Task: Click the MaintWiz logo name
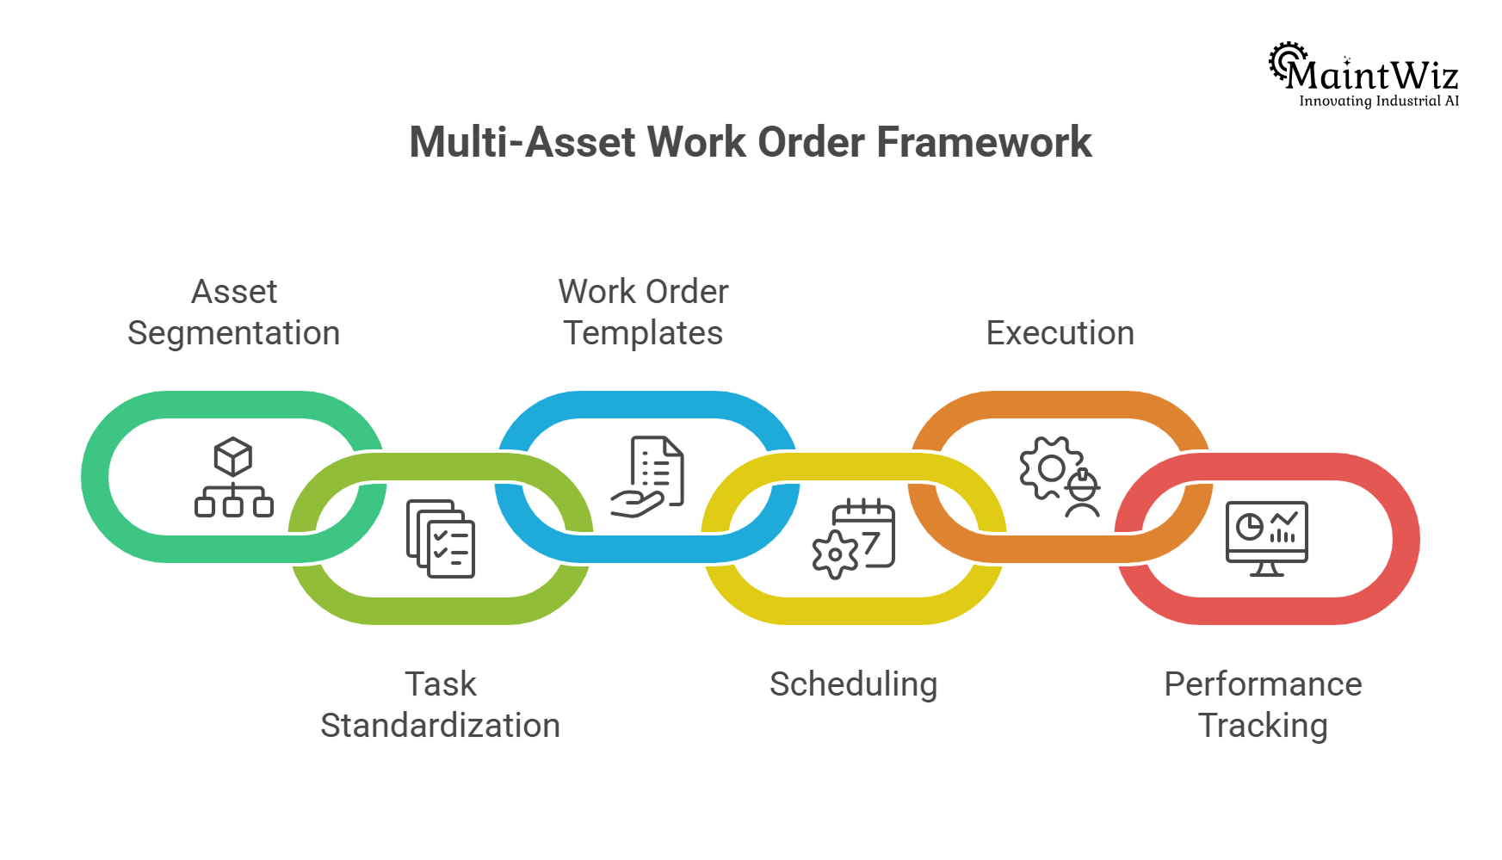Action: [1373, 76]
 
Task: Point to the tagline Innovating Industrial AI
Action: [1378, 102]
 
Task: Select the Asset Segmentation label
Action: [234, 312]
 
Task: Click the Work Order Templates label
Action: [643, 312]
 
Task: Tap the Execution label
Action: [1060, 333]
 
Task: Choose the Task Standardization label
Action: [440, 705]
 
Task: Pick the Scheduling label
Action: [853, 684]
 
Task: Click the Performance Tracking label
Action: [1263, 705]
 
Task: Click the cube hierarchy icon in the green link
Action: [233, 478]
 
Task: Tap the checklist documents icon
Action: [441, 538]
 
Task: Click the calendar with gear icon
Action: [854, 538]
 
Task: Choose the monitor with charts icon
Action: [1266, 538]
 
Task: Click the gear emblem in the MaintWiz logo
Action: [1286, 59]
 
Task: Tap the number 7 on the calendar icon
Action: [871, 543]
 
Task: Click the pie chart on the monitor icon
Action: [1248, 526]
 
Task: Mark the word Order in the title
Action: [811, 142]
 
